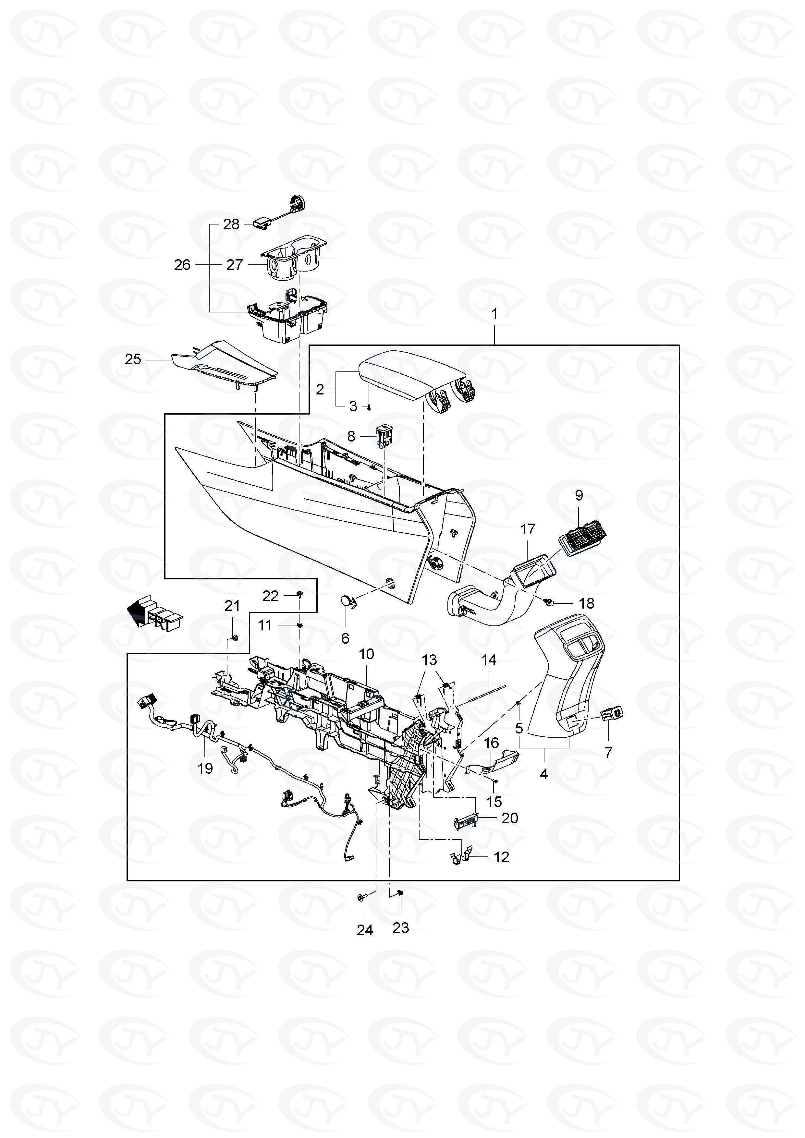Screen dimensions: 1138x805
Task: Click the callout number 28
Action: [x=231, y=224]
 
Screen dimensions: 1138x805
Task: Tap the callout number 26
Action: [x=182, y=265]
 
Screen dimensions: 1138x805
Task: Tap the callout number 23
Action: [x=400, y=927]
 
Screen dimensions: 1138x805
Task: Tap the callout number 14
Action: [x=489, y=660]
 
